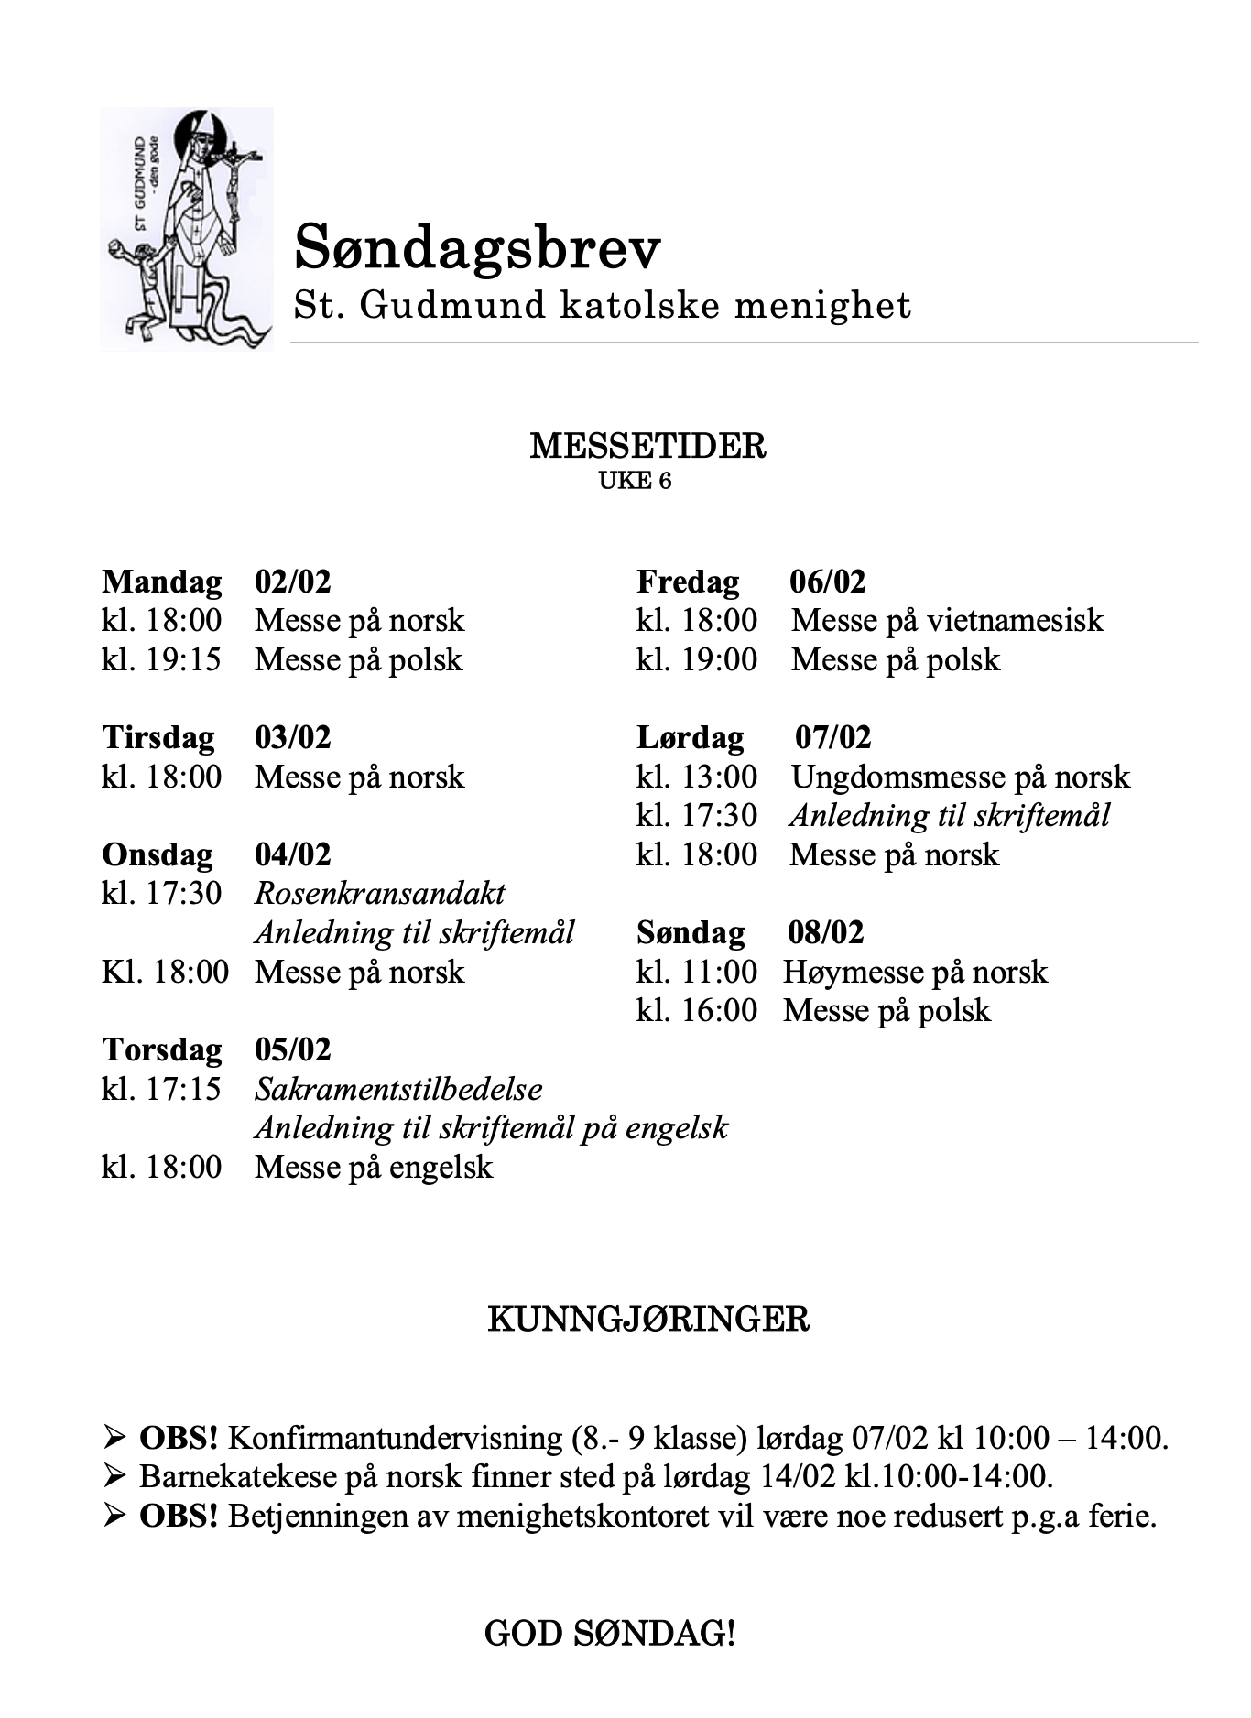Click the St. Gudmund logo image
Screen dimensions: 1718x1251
pos(187,229)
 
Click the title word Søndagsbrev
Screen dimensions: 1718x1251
pos(476,247)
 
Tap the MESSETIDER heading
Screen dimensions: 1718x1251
pos(647,447)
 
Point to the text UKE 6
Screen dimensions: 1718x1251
pos(635,481)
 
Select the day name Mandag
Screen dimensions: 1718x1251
pos(161,582)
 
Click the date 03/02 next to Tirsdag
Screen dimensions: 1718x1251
pos(292,738)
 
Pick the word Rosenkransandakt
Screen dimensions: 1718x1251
pos(379,894)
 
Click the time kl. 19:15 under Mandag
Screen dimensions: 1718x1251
pos(161,660)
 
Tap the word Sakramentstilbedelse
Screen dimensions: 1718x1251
pos(398,1090)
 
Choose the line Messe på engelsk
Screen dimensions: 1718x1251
pos(374,1168)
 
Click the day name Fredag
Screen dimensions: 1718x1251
pos(688,582)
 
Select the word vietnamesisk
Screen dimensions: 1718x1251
pos(1015,621)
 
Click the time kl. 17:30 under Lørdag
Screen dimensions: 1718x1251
pos(697,816)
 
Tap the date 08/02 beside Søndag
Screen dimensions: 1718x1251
pos(825,933)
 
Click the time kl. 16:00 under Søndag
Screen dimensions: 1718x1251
pos(697,1011)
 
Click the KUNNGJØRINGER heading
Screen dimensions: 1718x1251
pos(647,1320)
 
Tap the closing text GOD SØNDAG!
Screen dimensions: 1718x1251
pos(609,1634)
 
